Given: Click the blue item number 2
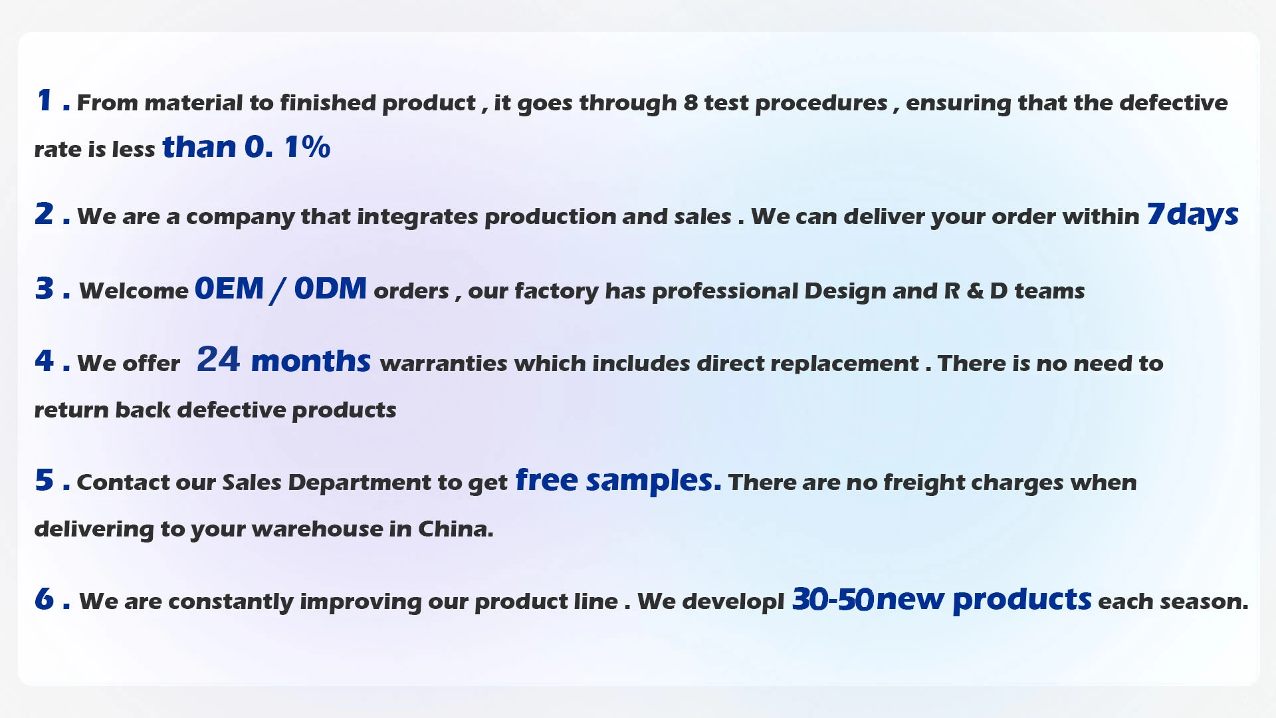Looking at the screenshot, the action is pos(44,214).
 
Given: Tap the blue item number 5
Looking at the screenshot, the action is pos(44,480).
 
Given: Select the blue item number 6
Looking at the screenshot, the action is pos(44,599).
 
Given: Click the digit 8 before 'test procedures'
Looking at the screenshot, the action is pos(691,102).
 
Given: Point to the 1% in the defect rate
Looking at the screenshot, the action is pos(307,147).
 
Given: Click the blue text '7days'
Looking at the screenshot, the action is pos(1193,215).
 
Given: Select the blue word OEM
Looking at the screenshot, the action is pos(229,289).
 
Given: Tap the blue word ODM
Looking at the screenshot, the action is pos(330,289).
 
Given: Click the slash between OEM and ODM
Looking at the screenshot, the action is pos(278,291).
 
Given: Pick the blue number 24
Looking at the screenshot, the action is pos(218,360).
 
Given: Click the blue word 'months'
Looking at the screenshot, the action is pos(311,361).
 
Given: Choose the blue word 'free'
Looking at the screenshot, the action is pos(546,479).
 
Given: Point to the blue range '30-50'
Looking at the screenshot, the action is pos(833,600).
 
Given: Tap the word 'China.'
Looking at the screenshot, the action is pos(456,529).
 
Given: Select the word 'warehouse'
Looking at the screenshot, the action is pos(318,529).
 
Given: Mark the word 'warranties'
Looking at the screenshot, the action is pos(444,364).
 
